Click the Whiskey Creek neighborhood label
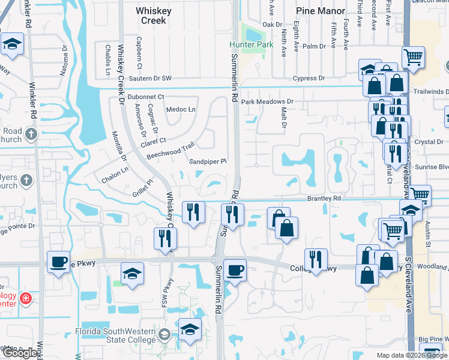coord(153,16)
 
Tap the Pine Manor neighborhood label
coord(321,11)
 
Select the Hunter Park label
coord(247,45)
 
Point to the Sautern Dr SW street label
coord(149,79)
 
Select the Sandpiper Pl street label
coord(208,162)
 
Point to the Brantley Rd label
coord(324,198)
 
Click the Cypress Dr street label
coord(309,79)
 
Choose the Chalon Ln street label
coord(115,172)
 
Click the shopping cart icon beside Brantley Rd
coord(420,195)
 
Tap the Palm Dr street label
coord(314,46)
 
